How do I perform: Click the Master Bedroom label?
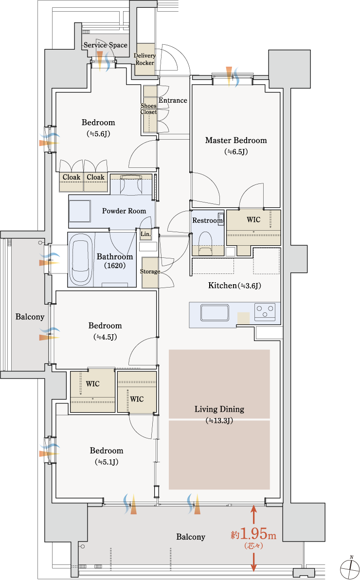pos(235,140)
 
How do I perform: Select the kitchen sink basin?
pos(215,312)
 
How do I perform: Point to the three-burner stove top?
pos(265,311)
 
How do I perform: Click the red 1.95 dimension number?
pos(253,534)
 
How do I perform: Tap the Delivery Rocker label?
pos(144,59)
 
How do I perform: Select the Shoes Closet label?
pos(149,109)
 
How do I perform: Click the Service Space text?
pos(106,45)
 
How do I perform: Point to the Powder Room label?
pos(124,211)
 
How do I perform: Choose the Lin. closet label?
pos(145,234)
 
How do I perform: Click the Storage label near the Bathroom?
pos(150,271)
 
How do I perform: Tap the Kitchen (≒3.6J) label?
pos(234,286)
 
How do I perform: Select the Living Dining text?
pos(219,409)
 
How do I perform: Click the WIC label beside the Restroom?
pos(253,220)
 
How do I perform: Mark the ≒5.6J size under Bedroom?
pos(98,133)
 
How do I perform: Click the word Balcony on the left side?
pos(30,317)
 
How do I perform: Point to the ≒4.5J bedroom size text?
pos(105,337)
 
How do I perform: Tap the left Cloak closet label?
pos(72,177)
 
